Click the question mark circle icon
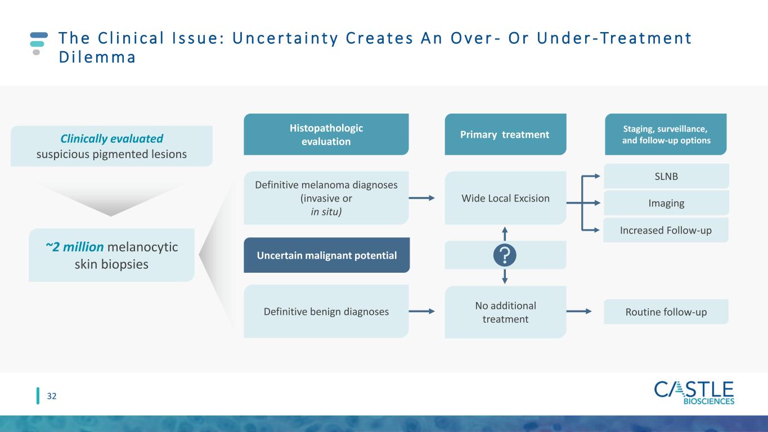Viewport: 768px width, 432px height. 505,255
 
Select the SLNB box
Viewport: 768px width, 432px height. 666,176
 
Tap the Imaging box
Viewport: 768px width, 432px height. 666,203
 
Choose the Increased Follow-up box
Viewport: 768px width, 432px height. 666,230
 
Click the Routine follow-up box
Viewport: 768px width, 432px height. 666,312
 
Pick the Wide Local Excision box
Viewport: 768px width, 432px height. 505,198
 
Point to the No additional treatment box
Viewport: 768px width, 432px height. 505,312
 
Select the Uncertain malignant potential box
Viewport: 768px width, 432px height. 327,255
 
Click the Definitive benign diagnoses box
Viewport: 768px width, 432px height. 326,311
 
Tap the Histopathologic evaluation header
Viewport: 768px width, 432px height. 326,134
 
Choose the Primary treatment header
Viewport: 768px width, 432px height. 505,134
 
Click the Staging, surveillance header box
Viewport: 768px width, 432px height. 666,134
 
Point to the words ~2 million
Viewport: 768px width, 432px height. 74,246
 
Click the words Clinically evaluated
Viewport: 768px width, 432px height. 111,138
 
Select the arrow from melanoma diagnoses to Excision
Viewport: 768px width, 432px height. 422,198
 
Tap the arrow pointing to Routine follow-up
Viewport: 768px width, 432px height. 579,311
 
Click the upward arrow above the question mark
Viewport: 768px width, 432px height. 505,233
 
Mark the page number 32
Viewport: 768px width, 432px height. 52,396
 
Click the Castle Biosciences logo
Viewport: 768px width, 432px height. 694,393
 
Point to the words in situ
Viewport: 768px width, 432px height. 326,212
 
